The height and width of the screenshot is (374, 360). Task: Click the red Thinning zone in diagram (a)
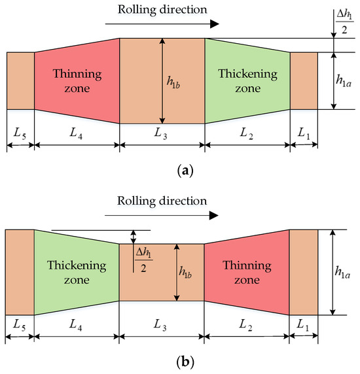76,80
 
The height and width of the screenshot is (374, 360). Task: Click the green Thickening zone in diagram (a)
247,80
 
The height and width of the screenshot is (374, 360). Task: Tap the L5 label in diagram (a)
20,133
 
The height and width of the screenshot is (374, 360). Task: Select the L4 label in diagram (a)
76,133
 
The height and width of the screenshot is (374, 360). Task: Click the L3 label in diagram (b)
162,325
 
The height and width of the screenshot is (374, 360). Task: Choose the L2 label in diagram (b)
247,325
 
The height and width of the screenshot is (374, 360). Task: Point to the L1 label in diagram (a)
303,133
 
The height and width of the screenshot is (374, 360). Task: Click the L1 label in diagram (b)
303,325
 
